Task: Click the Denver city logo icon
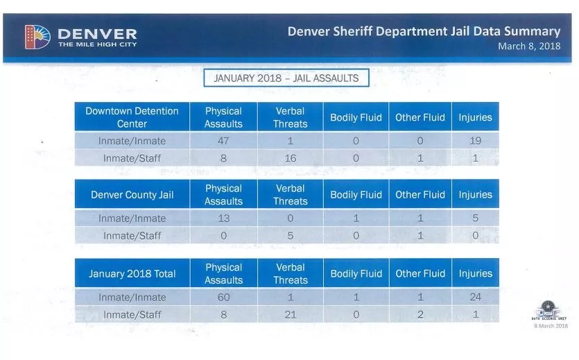coord(37,37)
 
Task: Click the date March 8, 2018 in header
coord(529,46)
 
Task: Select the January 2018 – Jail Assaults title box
coord(286,78)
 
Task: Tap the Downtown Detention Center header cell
coord(132,117)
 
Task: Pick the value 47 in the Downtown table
coord(223,141)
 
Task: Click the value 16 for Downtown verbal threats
coord(290,158)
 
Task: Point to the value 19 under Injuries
coord(475,141)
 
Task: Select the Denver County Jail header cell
coord(132,195)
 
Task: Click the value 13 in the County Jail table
coord(223,218)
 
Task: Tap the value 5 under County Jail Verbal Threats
coord(290,236)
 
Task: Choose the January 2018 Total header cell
coord(132,274)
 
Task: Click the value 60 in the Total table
coord(223,298)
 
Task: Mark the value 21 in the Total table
coord(290,315)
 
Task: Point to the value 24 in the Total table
coord(475,298)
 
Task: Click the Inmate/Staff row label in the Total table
coord(132,315)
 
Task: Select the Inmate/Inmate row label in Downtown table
coord(132,141)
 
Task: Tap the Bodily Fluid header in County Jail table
coord(356,195)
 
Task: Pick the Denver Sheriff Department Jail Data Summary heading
coord(424,31)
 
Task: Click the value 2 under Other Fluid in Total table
coord(420,315)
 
